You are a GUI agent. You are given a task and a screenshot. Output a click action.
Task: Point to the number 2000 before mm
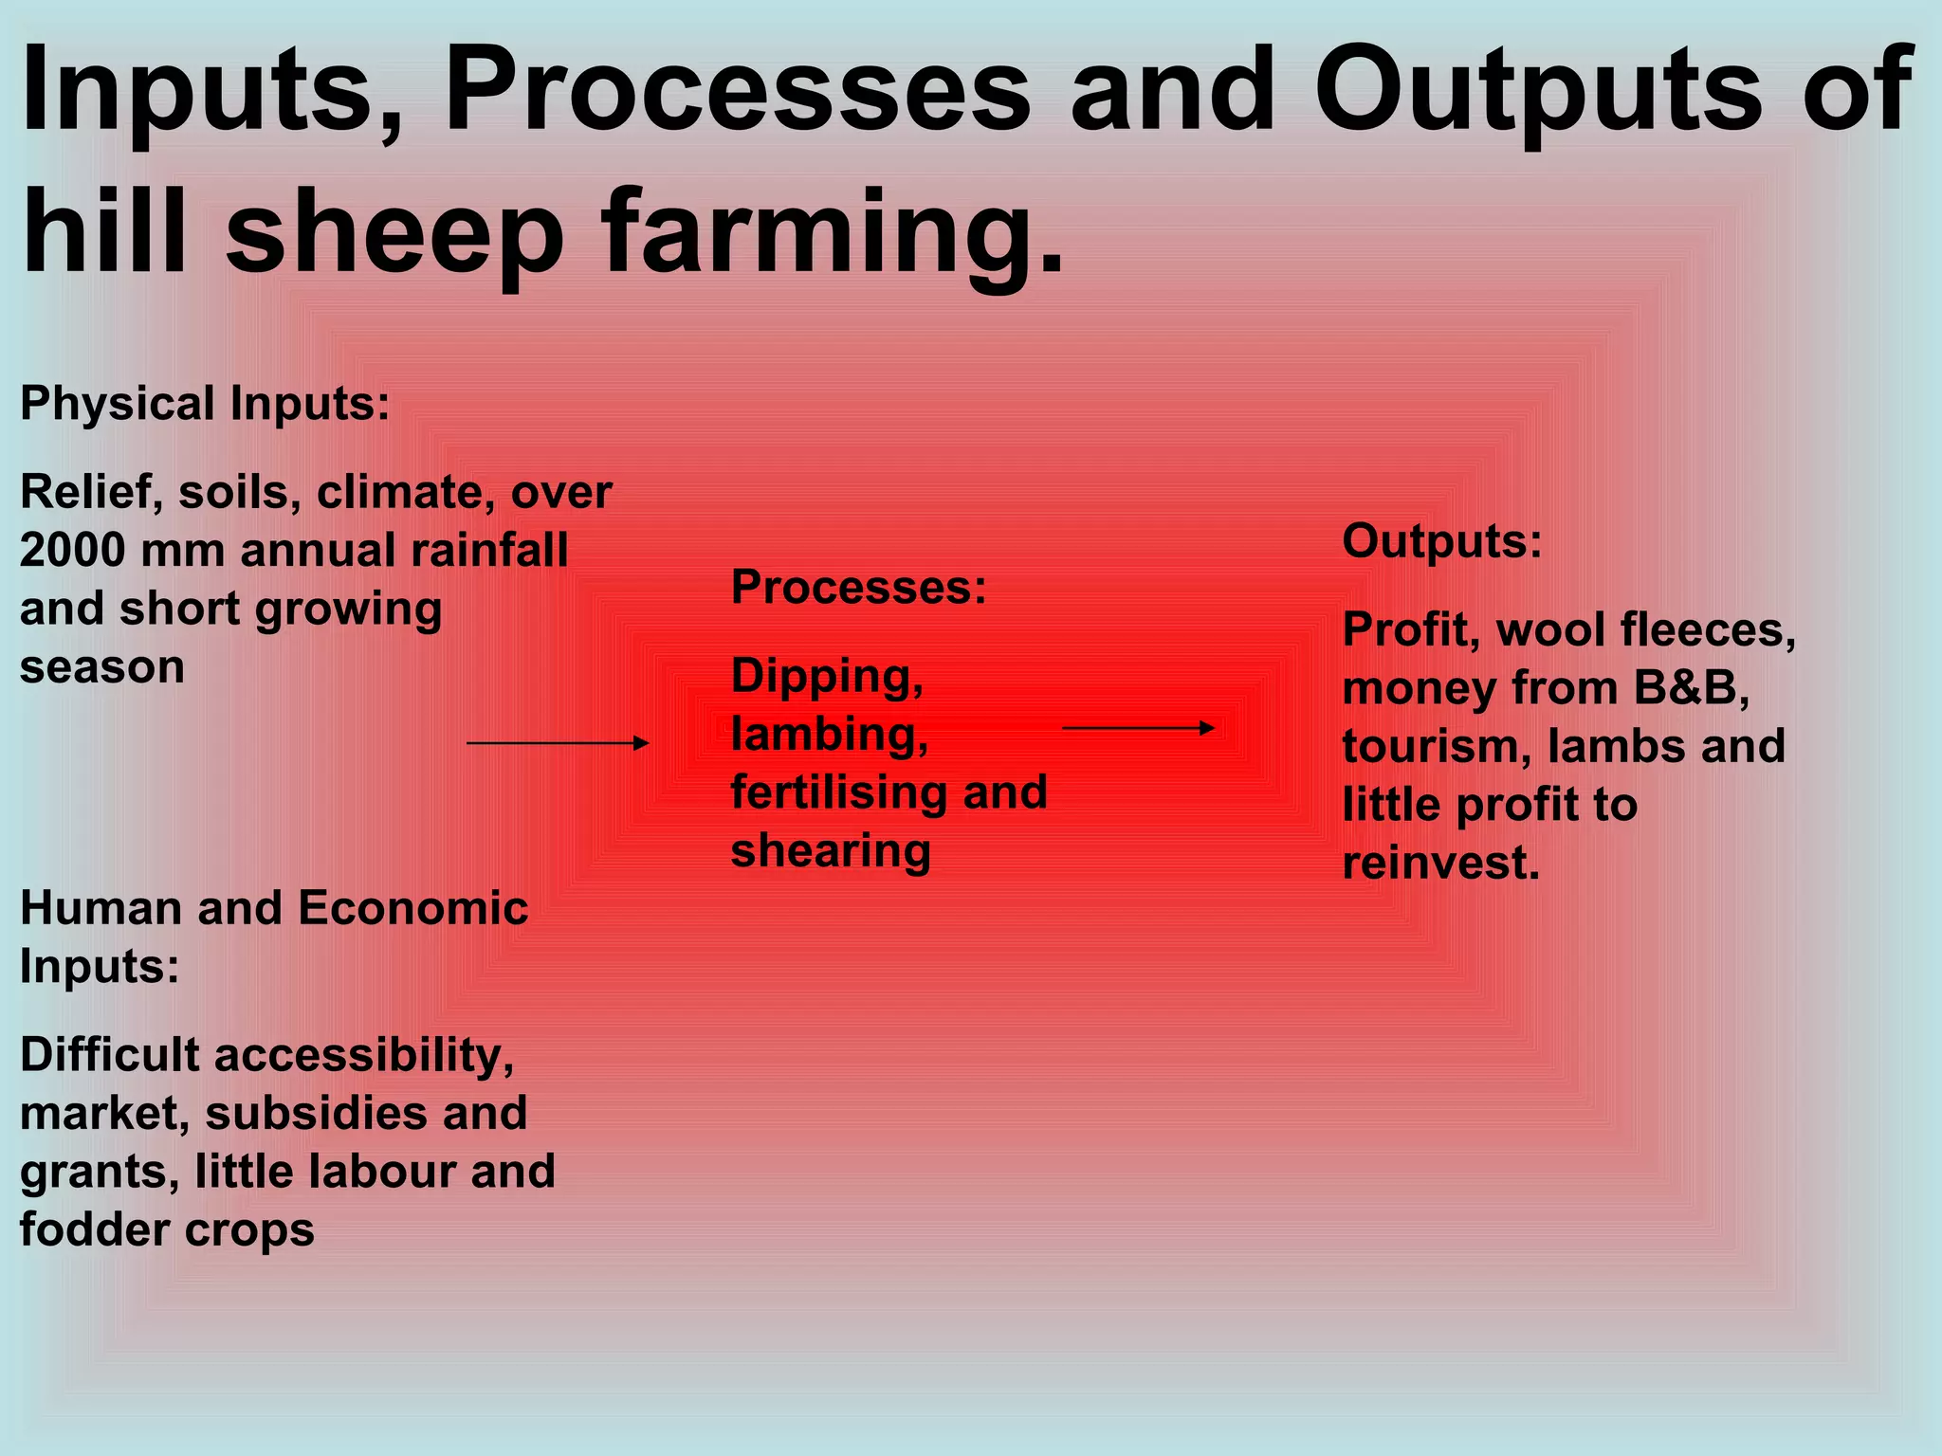(x=71, y=550)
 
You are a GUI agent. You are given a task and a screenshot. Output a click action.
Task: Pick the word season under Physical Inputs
(x=102, y=667)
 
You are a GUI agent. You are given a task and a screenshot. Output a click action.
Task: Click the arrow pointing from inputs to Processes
(x=558, y=743)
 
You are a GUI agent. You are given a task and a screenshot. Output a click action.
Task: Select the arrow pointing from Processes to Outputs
(x=1138, y=728)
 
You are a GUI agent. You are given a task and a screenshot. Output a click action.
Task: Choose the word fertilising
(x=840, y=792)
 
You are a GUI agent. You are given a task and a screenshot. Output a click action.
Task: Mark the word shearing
(x=831, y=851)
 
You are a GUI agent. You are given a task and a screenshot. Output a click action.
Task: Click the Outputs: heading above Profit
(x=1442, y=542)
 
